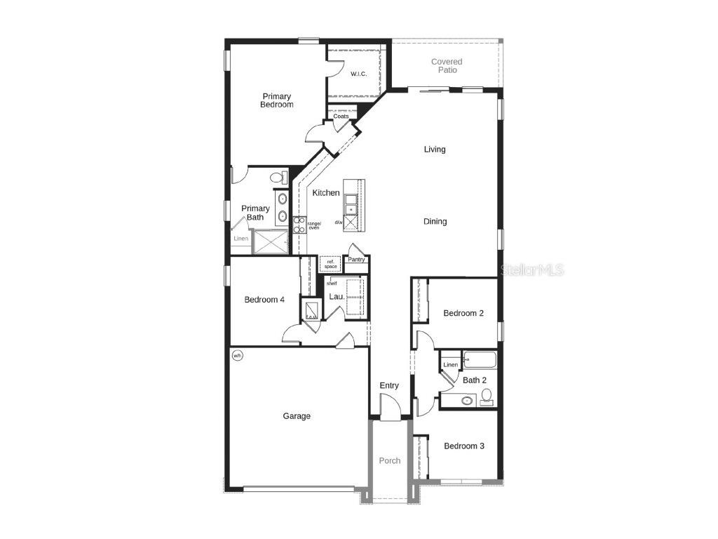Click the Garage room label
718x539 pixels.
coord(297,416)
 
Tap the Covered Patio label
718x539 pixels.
coord(447,66)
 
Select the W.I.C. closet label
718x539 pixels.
coord(358,74)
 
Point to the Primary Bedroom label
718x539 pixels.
coord(277,100)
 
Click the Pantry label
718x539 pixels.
coord(356,260)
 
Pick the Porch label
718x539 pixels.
coord(390,461)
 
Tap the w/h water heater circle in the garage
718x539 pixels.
coord(237,356)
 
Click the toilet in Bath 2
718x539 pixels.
coord(486,397)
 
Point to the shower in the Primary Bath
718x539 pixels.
coord(270,242)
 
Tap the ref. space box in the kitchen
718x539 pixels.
coord(330,264)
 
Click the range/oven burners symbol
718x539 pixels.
coord(299,225)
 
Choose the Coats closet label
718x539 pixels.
coord(341,117)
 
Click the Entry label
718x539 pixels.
coord(389,385)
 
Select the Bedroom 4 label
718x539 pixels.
coord(264,300)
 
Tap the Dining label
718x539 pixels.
coord(435,222)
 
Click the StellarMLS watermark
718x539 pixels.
coord(531,269)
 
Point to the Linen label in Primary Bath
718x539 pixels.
coord(241,239)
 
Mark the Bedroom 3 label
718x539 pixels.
coord(463,446)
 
